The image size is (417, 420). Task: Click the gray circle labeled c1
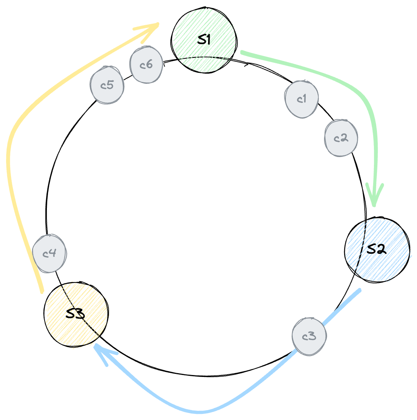tap(302, 99)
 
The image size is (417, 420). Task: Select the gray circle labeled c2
tap(341, 138)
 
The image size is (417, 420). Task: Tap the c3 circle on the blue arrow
tap(309, 337)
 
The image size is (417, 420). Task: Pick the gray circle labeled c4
tap(50, 253)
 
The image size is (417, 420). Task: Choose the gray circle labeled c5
tap(107, 85)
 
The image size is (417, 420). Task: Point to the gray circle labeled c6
tap(146, 65)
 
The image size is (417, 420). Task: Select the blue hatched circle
tap(379, 250)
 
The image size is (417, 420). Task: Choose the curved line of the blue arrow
tap(198, 412)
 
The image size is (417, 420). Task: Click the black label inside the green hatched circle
tap(205, 39)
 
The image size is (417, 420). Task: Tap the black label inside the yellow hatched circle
tap(75, 314)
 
